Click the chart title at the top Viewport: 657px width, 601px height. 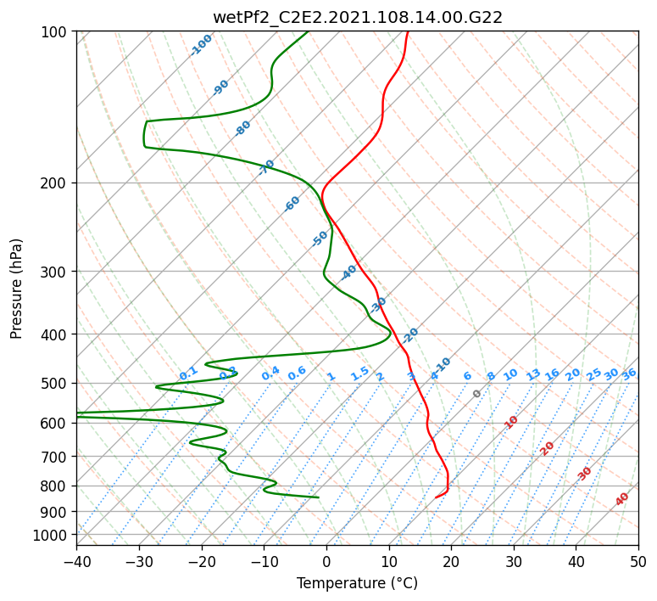click(x=357, y=17)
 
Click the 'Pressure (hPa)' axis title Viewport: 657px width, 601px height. click(x=17, y=288)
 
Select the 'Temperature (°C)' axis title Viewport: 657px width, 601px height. click(x=357, y=584)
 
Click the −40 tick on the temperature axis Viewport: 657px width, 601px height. click(x=76, y=561)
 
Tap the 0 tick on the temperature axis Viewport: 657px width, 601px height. click(x=326, y=561)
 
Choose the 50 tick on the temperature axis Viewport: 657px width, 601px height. click(x=638, y=561)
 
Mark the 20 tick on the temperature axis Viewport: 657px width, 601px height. click(x=451, y=561)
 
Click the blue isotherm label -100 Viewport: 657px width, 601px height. click(x=202, y=44)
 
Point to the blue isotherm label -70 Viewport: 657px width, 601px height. click(x=267, y=166)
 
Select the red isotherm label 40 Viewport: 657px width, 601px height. click(x=622, y=499)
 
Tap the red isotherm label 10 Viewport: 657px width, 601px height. click(x=511, y=422)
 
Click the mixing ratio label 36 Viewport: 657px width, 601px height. click(x=629, y=374)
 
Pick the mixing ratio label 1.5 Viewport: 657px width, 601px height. click(x=360, y=373)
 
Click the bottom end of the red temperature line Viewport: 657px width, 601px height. click(x=436, y=497)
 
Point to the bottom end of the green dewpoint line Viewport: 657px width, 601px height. click(x=318, y=497)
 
